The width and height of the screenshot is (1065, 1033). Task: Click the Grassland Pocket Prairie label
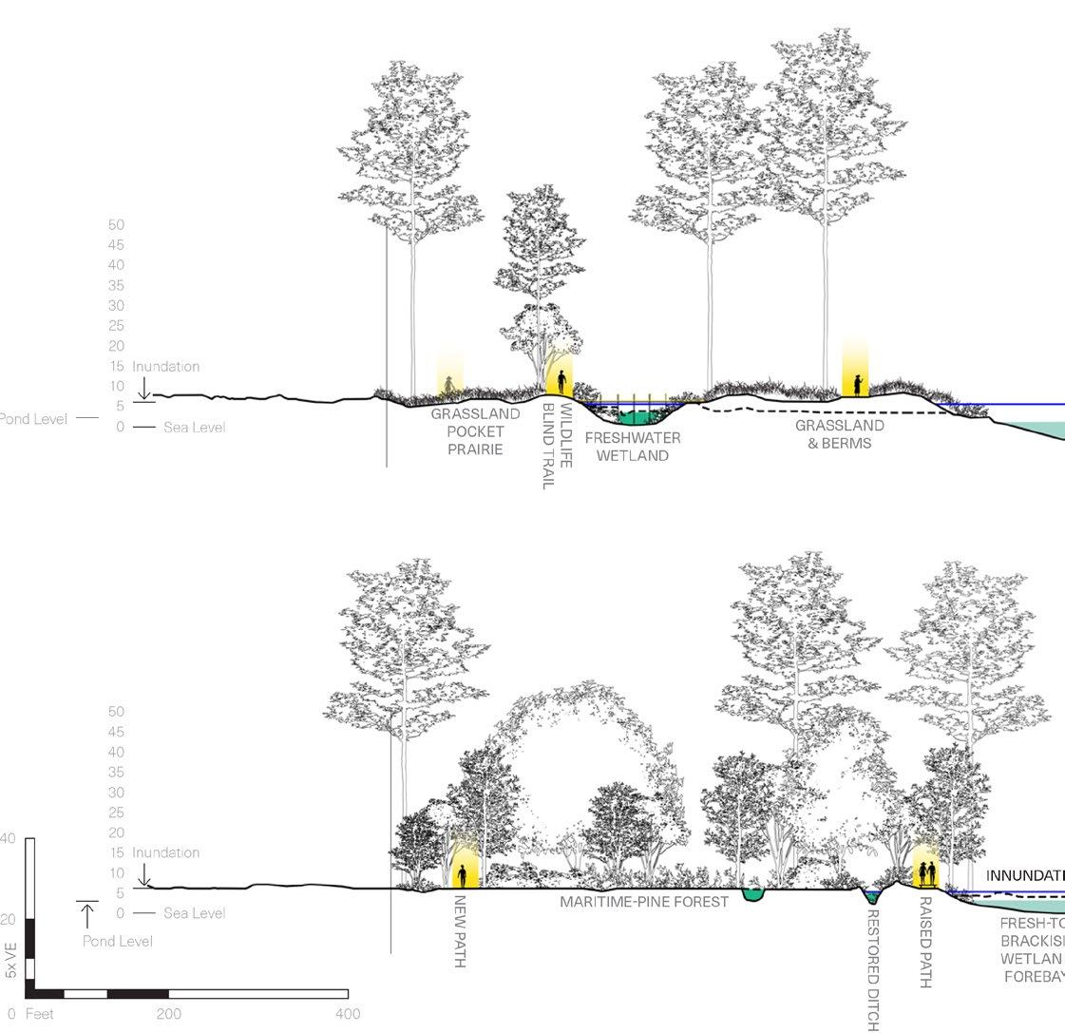(x=475, y=431)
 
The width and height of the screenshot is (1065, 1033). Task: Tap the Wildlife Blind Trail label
(x=558, y=446)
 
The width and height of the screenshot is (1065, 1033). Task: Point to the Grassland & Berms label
(x=840, y=433)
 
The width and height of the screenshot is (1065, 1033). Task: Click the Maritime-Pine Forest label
(x=643, y=901)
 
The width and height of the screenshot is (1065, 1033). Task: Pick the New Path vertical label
(x=460, y=930)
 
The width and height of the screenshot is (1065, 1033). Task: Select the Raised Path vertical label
(x=925, y=941)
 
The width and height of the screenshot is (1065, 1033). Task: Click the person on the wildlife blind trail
(x=561, y=382)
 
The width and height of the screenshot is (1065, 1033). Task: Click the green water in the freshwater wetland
(x=632, y=415)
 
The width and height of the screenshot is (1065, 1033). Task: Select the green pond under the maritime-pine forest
(x=754, y=894)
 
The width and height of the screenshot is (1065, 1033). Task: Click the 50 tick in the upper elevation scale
(x=117, y=224)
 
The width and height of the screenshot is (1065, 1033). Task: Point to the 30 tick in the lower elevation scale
(x=117, y=793)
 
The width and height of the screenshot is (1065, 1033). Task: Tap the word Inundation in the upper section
(x=165, y=367)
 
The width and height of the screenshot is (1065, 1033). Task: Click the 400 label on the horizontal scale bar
(x=348, y=1014)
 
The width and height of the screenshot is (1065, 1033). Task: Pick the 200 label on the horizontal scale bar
(x=169, y=1014)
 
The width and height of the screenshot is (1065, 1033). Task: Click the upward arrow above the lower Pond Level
(x=87, y=915)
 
